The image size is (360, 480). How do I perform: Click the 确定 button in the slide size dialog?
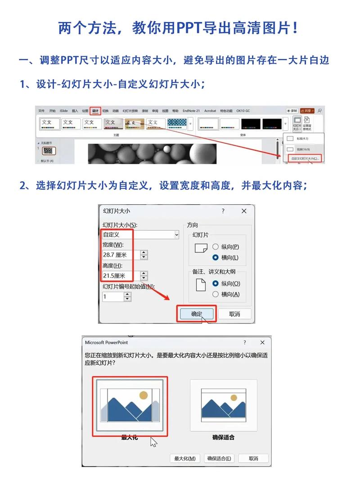pos(197,314)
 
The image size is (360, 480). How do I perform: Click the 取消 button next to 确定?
pos(234,314)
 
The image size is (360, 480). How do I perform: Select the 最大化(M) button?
pos(184,458)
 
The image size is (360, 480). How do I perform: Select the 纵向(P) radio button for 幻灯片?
pos(216,247)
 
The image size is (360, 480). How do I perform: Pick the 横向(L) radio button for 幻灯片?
pos(216,258)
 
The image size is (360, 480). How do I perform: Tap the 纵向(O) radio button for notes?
pos(216,283)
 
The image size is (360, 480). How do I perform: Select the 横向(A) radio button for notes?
pos(216,294)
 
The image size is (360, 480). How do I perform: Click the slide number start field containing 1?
pos(112,297)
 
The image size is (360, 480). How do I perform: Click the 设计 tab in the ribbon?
pos(95,111)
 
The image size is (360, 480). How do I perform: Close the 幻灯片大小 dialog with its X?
pos(244,211)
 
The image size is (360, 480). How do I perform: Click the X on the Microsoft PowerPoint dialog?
pos(262,343)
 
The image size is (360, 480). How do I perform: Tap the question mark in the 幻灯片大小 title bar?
pos(223,211)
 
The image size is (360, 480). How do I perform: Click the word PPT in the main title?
pos(191,28)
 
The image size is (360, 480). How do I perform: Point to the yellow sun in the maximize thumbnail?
pos(144,395)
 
